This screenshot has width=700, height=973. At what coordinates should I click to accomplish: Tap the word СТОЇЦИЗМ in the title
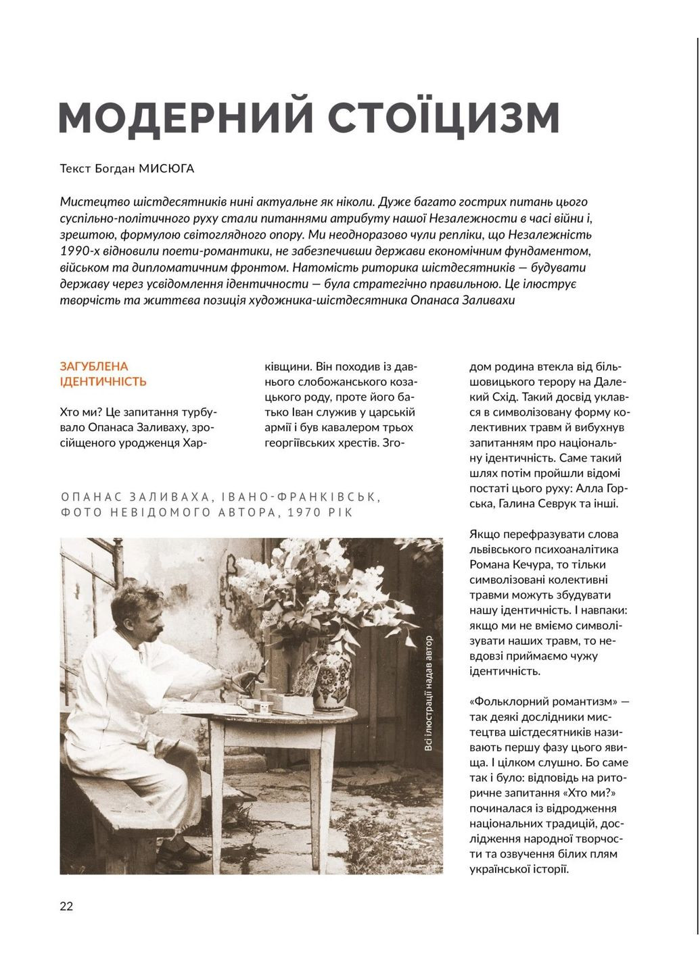tap(444, 117)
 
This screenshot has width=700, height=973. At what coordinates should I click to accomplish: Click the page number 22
tap(66, 906)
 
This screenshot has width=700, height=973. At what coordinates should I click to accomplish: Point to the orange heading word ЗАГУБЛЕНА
tap(94, 366)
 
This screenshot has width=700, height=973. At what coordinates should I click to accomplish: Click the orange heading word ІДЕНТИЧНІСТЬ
tap(103, 382)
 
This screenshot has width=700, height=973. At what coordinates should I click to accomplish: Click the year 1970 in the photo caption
tap(305, 512)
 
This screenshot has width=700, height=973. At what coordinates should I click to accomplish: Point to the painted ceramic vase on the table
tap(333, 676)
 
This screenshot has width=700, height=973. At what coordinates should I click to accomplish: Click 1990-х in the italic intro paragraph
tap(80, 251)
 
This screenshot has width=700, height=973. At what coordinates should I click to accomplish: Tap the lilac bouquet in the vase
tap(318, 588)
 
